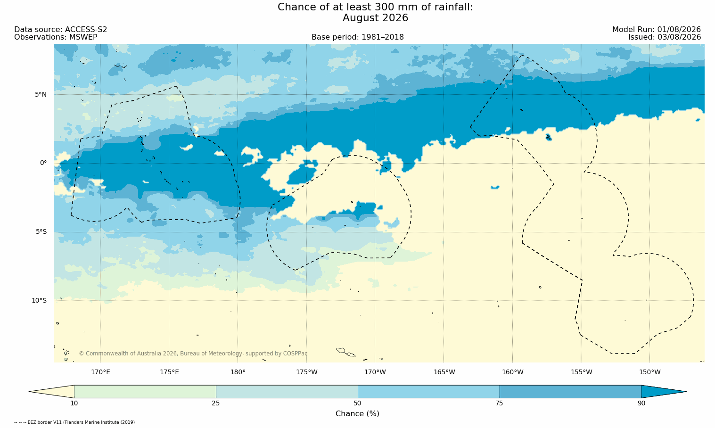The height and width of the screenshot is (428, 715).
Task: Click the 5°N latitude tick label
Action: [41, 94]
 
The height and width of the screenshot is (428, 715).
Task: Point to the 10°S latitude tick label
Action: [39, 301]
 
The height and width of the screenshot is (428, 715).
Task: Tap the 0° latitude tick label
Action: [43, 163]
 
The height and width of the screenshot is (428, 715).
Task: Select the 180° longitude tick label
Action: [238, 372]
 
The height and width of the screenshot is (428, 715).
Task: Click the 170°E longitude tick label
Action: [100, 372]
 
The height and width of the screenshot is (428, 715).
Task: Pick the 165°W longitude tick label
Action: [444, 372]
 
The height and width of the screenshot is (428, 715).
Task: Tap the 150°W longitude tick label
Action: [650, 372]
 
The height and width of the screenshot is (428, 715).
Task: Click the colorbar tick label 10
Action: [74, 403]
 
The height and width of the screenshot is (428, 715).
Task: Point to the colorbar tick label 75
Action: [499, 403]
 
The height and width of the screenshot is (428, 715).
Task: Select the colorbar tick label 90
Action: [641, 403]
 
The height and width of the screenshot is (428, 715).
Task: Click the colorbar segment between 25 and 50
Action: [287, 392]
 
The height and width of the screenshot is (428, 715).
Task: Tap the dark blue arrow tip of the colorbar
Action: [686, 392]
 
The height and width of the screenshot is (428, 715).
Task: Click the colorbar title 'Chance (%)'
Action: [357, 414]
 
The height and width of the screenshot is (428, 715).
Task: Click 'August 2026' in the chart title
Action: [375, 18]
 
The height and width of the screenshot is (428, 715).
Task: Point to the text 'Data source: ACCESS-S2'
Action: [61, 30]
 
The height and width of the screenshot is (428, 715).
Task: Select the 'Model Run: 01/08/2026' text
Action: [657, 30]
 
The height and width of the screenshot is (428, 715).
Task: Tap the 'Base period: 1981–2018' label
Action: [357, 37]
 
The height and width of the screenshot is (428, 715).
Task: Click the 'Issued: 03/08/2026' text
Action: [665, 37]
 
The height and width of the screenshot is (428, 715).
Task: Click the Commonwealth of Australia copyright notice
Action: [193, 354]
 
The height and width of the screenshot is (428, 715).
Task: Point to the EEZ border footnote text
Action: [74, 422]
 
